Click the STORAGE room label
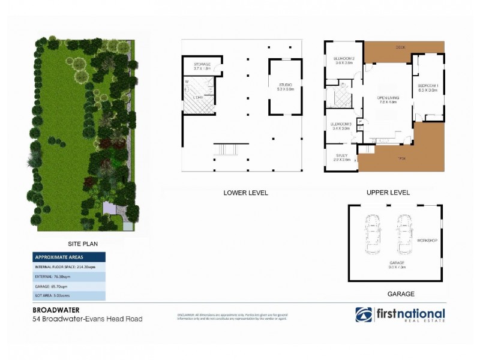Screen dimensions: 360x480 [x=201, y=64]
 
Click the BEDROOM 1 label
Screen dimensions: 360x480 [x=428, y=86]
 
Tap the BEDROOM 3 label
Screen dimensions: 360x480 [x=340, y=125]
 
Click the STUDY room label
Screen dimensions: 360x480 [x=342, y=156]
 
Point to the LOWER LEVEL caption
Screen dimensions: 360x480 [x=245, y=193]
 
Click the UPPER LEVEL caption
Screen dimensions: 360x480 [x=388, y=193]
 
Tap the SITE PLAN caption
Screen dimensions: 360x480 [x=83, y=244]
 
